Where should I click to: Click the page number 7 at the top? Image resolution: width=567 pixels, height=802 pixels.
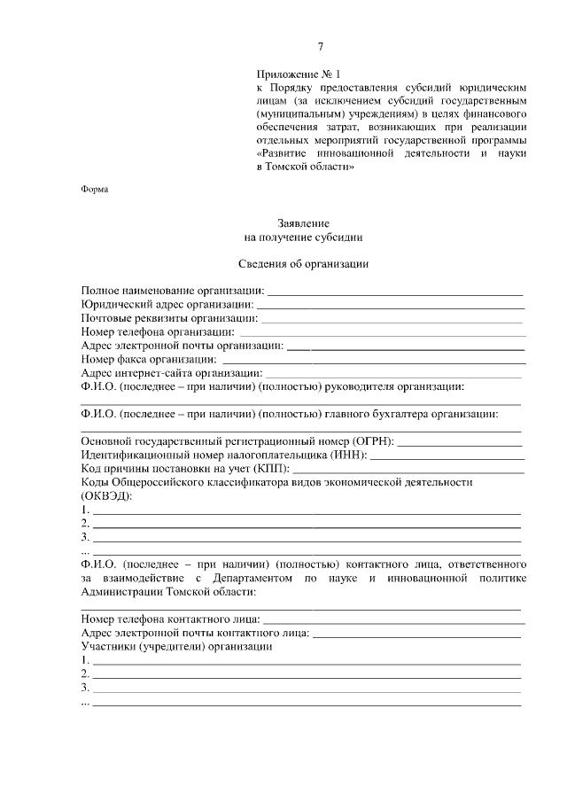tap(322, 47)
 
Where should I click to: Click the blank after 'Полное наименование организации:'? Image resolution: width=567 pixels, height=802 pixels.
tap(395, 291)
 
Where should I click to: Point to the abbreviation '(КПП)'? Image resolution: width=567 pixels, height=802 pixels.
tap(270, 468)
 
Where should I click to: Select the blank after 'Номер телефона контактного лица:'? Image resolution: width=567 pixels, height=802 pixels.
tap(394, 619)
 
